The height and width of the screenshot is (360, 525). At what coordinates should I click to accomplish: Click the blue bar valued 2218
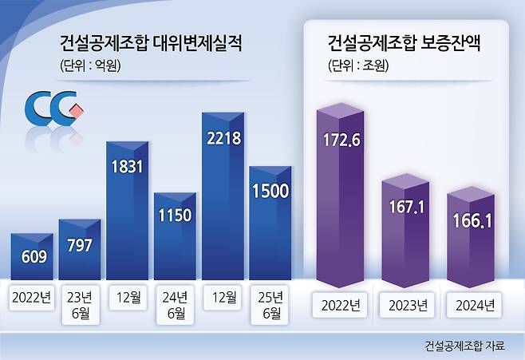pyautogui.click(x=223, y=196)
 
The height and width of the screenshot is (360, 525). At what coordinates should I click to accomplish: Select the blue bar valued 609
pyautogui.click(x=32, y=256)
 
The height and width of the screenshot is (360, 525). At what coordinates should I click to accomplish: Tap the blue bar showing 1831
pyautogui.click(x=127, y=211)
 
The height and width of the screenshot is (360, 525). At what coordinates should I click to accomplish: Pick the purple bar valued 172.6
pyautogui.click(x=340, y=195)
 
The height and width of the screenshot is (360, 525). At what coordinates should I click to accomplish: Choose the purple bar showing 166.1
pyautogui.click(x=471, y=237)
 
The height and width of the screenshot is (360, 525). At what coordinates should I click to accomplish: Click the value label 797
pyautogui.click(x=80, y=246)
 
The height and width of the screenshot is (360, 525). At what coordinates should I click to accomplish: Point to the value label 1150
pyautogui.click(x=175, y=215)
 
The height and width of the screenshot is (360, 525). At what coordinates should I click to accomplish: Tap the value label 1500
pyautogui.click(x=270, y=191)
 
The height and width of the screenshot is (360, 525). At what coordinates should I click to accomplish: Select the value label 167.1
pyautogui.click(x=406, y=207)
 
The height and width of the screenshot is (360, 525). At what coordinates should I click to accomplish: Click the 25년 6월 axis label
pyautogui.click(x=270, y=305)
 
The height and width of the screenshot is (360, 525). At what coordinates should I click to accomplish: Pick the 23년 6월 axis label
pyautogui.click(x=80, y=305)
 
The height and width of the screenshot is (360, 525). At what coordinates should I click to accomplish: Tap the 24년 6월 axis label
pyautogui.click(x=175, y=305)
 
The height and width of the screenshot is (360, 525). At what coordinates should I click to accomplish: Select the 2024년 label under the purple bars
pyautogui.click(x=475, y=305)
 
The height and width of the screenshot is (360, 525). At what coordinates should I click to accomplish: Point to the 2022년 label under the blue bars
pyautogui.click(x=31, y=297)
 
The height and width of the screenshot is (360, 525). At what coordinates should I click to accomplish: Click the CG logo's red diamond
pyautogui.click(x=77, y=110)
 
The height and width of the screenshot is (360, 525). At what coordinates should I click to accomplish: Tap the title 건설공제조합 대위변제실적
pyautogui.click(x=151, y=43)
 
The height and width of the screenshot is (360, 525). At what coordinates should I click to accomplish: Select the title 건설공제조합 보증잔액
pyautogui.click(x=405, y=43)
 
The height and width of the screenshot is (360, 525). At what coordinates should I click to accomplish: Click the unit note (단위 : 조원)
pyautogui.click(x=358, y=65)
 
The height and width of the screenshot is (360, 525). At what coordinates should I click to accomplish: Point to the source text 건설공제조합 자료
pyautogui.click(x=464, y=346)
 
